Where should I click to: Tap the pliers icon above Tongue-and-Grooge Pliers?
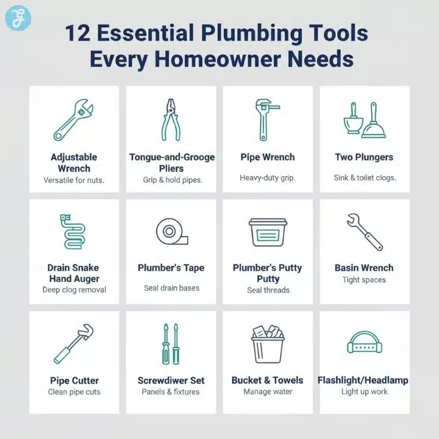tap(171, 120)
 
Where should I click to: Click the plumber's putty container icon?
tap(268, 232)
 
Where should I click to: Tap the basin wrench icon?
tap(365, 232)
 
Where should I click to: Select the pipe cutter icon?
tap(72, 345)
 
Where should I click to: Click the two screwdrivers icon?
tap(170, 344)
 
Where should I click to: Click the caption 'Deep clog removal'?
tap(74, 290)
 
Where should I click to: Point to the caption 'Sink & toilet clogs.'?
tap(365, 178)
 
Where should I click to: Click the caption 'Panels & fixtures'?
tap(171, 391)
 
